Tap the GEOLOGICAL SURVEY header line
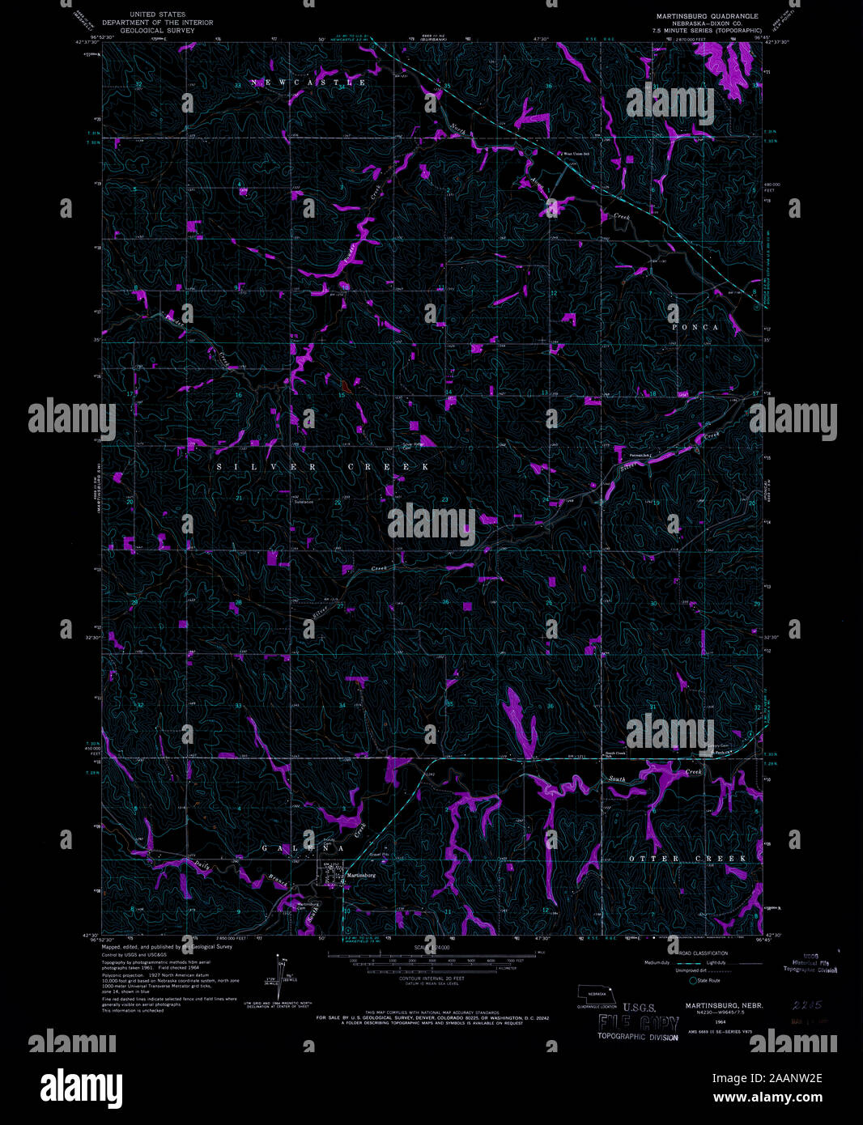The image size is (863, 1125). pos(151,30)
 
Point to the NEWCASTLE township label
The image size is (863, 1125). pos(308,83)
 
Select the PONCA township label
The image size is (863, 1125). pos(695,327)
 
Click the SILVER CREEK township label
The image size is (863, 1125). pos(323,468)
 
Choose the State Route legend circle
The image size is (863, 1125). pos(693,980)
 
